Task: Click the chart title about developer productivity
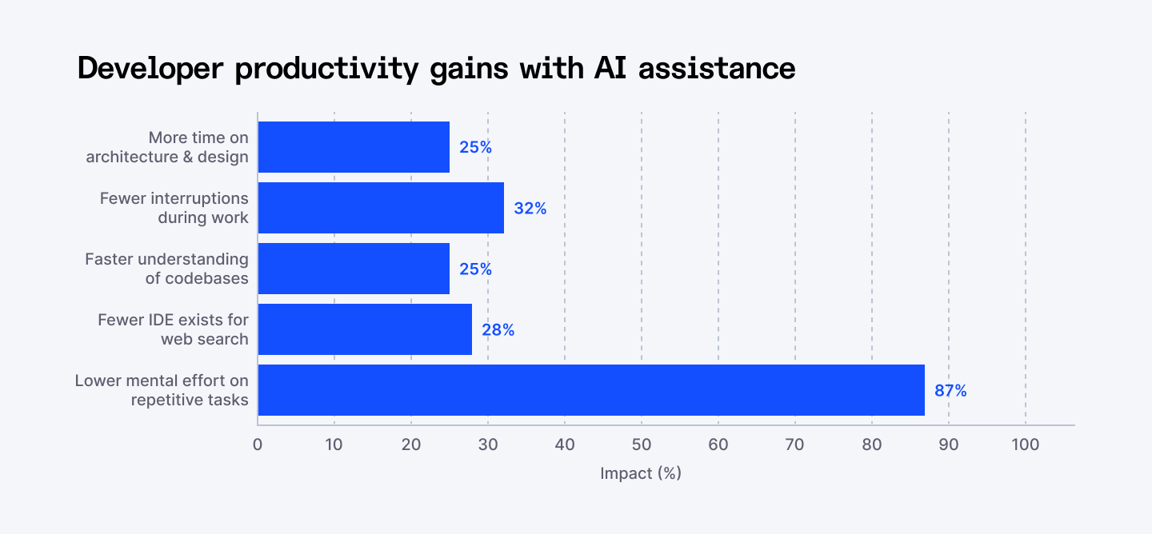click(x=436, y=69)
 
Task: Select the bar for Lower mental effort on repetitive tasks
click(x=590, y=390)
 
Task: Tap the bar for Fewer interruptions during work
click(x=381, y=208)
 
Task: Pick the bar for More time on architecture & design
click(x=354, y=147)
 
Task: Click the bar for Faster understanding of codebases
click(x=354, y=269)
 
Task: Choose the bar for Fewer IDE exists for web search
click(x=365, y=329)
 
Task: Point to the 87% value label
click(x=950, y=391)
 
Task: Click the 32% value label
click(x=530, y=209)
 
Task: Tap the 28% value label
click(x=498, y=330)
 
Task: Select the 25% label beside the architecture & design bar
click(x=475, y=148)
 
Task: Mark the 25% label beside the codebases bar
click(x=475, y=269)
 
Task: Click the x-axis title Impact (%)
click(x=641, y=473)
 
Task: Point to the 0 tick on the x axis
click(x=258, y=444)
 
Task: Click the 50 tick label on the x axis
click(x=641, y=444)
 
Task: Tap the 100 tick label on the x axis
click(x=1025, y=444)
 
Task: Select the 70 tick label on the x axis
click(x=794, y=444)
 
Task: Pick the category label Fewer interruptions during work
click(x=174, y=208)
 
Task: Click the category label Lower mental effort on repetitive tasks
click(x=162, y=390)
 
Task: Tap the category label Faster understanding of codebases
click(x=166, y=269)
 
